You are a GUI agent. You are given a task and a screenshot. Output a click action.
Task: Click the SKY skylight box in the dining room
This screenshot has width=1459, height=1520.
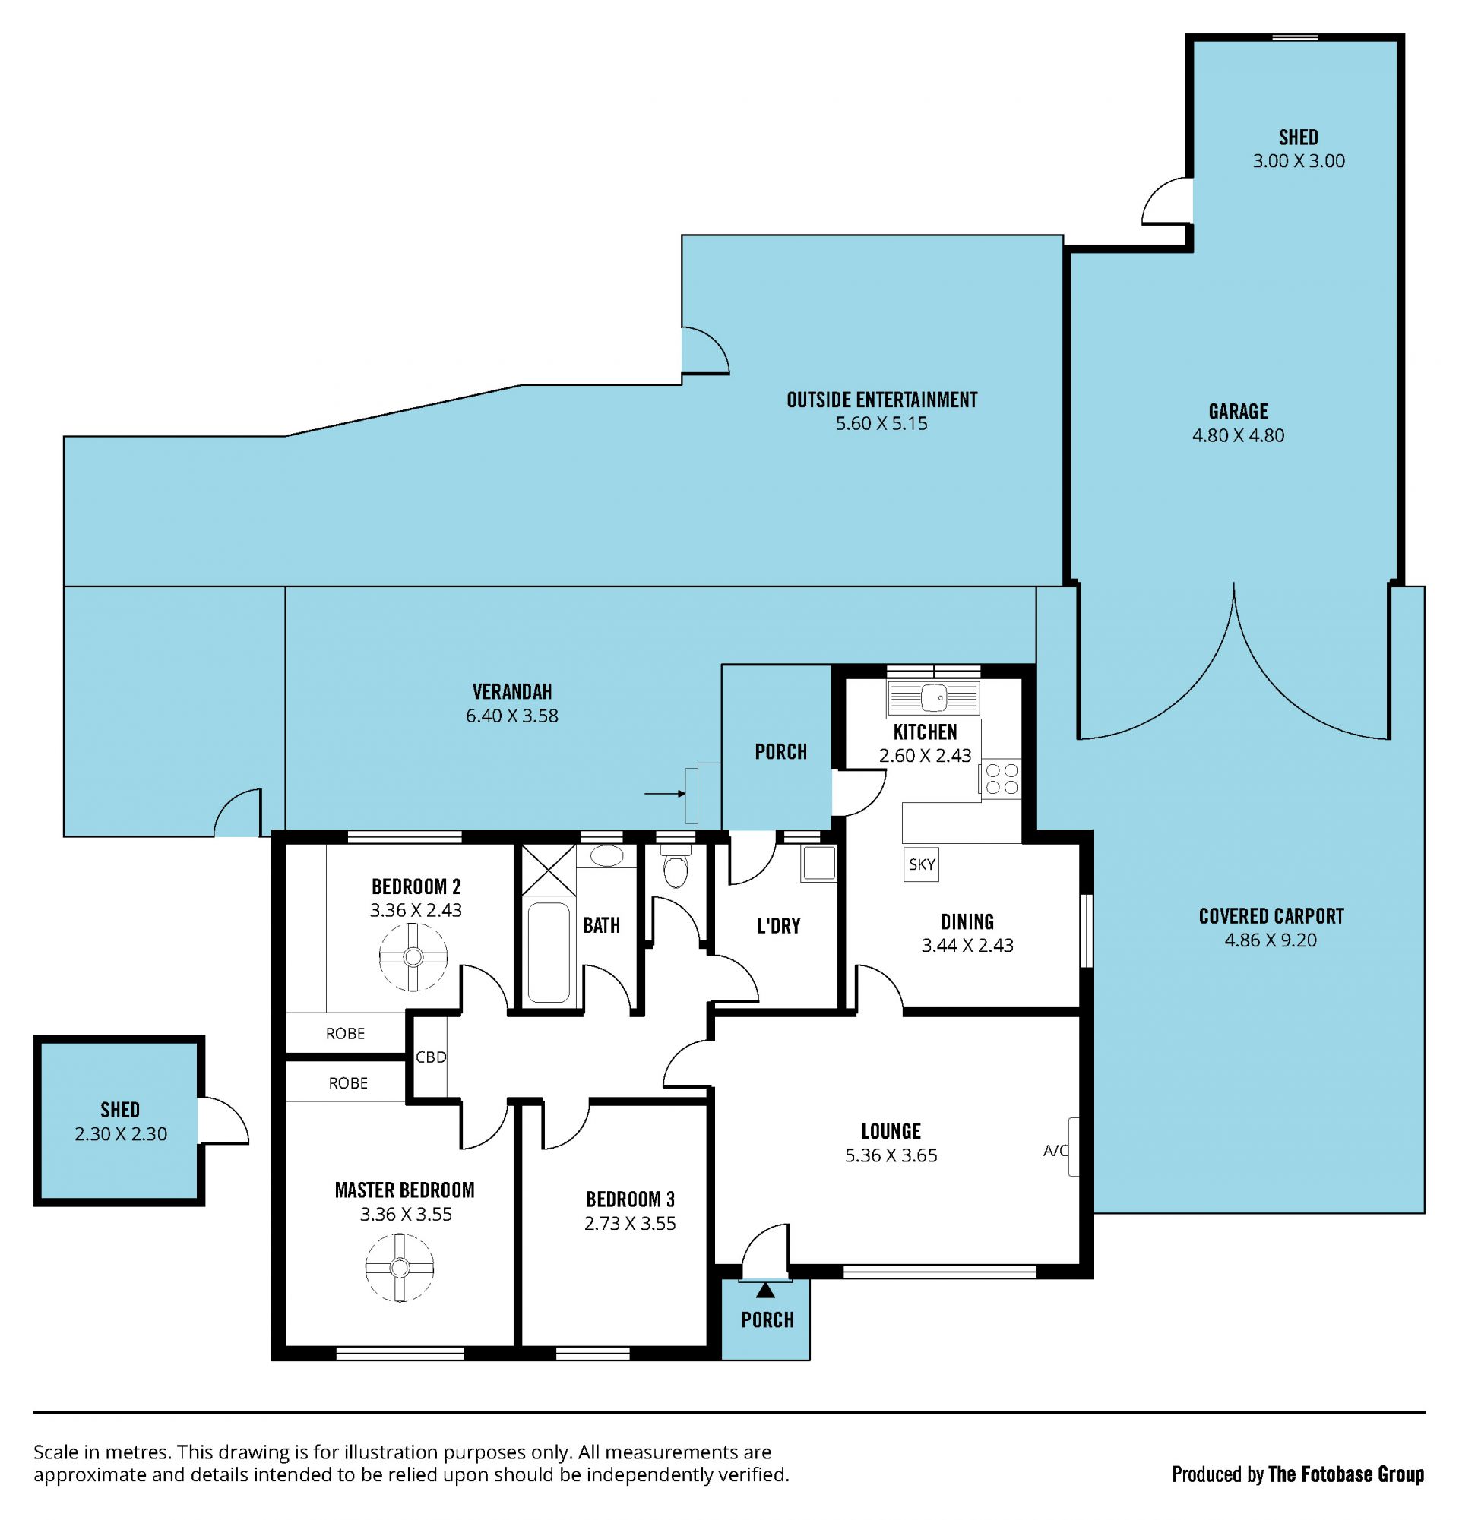(x=922, y=864)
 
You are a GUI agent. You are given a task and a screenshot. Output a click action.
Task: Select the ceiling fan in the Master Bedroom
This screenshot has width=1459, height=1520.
(x=400, y=1267)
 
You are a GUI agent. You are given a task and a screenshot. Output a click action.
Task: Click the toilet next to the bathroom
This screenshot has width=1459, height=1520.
(x=676, y=864)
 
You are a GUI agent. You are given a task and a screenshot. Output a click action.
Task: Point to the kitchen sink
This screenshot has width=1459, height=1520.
(x=933, y=697)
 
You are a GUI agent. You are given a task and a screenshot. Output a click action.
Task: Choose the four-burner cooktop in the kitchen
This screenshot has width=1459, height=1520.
(x=1002, y=779)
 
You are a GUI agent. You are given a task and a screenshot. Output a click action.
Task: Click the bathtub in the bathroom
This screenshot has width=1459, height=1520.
(x=549, y=953)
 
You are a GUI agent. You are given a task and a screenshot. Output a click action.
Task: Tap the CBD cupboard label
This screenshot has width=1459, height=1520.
(x=431, y=1057)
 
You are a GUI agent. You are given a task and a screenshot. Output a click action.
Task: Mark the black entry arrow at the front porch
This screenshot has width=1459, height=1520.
(x=765, y=1290)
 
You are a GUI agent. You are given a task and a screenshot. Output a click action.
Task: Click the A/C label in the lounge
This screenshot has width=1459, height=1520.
(x=1055, y=1151)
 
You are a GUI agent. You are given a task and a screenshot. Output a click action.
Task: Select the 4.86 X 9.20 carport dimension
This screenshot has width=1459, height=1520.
(x=1271, y=940)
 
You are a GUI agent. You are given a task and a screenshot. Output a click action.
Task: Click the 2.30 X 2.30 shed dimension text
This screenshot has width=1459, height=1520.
(x=121, y=1134)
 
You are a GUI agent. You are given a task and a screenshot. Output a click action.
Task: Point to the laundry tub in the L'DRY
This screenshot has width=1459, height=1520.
(x=819, y=863)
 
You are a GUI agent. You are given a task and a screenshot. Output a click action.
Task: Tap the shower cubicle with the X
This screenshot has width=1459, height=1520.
(x=549, y=869)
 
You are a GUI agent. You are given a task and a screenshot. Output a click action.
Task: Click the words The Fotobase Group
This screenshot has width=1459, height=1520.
(x=1347, y=1474)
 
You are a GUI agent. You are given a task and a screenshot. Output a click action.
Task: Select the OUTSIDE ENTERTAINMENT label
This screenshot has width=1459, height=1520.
(x=882, y=400)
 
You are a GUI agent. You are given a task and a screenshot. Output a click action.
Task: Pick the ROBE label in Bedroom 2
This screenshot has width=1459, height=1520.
(x=345, y=1034)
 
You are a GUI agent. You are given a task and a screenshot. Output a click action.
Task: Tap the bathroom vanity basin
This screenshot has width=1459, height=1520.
(x=606, y=856)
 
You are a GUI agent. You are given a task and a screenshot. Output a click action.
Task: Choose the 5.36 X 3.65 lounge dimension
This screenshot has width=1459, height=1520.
(x=891, y=1155)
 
